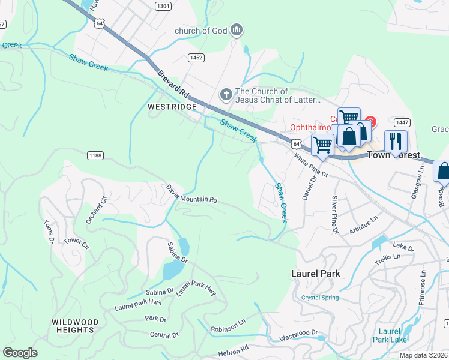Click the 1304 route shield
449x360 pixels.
tap(163, 5)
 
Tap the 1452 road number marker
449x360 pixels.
tap(196, 58)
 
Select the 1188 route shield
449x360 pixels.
tap(95, 155)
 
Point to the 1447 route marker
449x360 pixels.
tap(402, 122)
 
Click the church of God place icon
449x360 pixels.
tap(237, 30)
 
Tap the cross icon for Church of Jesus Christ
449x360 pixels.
tap(226, 94)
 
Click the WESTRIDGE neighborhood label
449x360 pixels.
tap(172, 106)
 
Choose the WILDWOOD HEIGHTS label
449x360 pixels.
tap(74, 326)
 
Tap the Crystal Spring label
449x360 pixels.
tap(320, 298)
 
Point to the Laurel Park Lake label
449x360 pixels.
tap(390, 335)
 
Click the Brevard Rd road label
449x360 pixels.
tap(173, 84)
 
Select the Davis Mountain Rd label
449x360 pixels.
tap(191, 193)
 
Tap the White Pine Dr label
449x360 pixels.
tap(312, 165)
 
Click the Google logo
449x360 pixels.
tap(20, 353)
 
